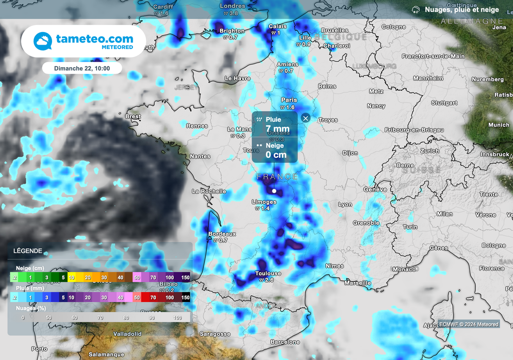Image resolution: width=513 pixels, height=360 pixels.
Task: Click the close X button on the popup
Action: point(306,119)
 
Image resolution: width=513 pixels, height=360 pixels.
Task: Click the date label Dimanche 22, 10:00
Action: point(82,68)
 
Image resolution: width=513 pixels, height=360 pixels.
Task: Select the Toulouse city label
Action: point(268,274)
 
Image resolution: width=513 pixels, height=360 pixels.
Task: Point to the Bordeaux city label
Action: point(222,234)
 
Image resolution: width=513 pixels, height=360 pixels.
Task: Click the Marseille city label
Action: point(358,283)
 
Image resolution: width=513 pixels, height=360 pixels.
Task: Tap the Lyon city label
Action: point(345,204)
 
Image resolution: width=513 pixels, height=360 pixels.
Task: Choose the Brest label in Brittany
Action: point(133,116)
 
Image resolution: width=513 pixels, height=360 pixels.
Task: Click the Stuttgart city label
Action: point(444,103)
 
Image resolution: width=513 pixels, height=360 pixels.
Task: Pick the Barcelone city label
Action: point(285,342)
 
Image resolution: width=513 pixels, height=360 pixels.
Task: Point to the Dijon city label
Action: point(350,153)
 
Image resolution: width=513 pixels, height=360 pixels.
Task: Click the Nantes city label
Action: point(200,156)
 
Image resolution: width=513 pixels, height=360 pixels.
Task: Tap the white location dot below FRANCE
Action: point(274,191)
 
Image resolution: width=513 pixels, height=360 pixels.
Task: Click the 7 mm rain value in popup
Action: point(278,129)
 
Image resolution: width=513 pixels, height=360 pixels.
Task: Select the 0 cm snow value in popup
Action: point(276,155)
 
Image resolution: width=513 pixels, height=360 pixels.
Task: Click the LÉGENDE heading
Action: point(28,251)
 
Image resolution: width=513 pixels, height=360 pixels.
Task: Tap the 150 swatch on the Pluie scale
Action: point(185,297)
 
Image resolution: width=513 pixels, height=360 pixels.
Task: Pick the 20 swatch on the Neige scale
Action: point(87,277)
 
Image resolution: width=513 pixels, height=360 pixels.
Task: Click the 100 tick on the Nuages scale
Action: point(177,317)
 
